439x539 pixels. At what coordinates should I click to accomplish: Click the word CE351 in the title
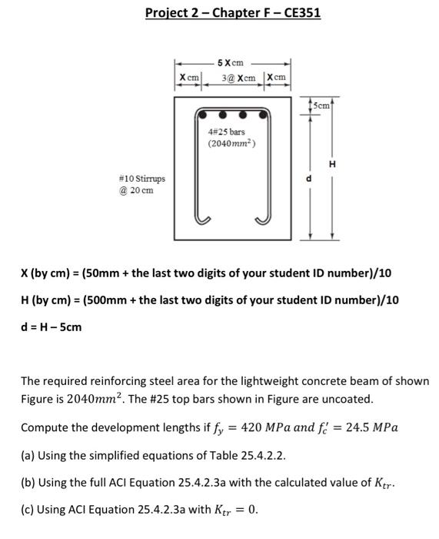[299, 13]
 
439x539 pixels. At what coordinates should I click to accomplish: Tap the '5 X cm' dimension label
[231, 62]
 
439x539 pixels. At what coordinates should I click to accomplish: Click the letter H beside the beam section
[332, 164]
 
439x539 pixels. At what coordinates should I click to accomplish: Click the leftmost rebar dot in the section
[201, 115]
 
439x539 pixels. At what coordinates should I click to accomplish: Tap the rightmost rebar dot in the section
[265, 115]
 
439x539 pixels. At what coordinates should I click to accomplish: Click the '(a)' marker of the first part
[28, 456]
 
